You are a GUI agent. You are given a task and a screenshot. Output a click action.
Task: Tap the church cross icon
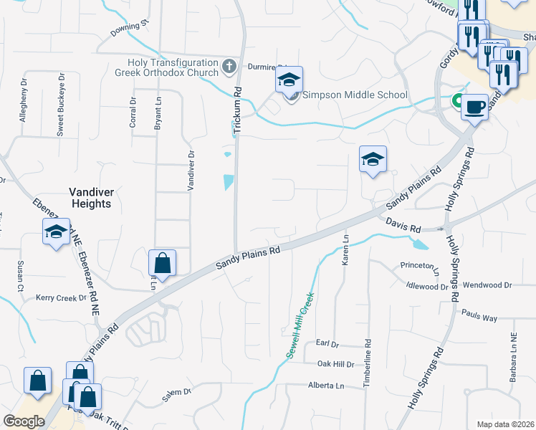[x=229, y=67]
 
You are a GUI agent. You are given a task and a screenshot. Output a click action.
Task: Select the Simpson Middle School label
[x=354, y=95]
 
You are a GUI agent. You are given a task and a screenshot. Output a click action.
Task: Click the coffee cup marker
[x=474, y=107]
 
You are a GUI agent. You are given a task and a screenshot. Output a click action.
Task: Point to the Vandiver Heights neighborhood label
[x=90, y=198]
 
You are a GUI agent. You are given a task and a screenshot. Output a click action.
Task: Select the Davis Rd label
[x=403, y=226]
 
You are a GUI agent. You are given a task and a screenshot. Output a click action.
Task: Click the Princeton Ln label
[x=419, y=267]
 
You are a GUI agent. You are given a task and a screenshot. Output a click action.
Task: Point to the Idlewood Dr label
[x=426, y=287]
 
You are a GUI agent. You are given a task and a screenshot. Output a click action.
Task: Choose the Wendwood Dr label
[x=487, y=285]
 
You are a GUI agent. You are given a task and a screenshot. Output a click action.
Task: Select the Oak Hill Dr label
[x=335, y=364]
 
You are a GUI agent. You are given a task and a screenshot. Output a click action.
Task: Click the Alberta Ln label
[x=326, y=386]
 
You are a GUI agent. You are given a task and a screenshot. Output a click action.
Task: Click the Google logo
[x=24, y=421]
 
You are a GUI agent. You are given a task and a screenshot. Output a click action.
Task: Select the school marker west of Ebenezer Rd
[x=56, y=232]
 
